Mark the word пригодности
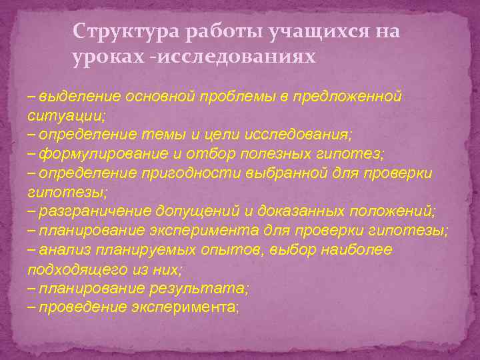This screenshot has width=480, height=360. tap(181, 173)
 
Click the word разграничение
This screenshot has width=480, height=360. tap(95, 212)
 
